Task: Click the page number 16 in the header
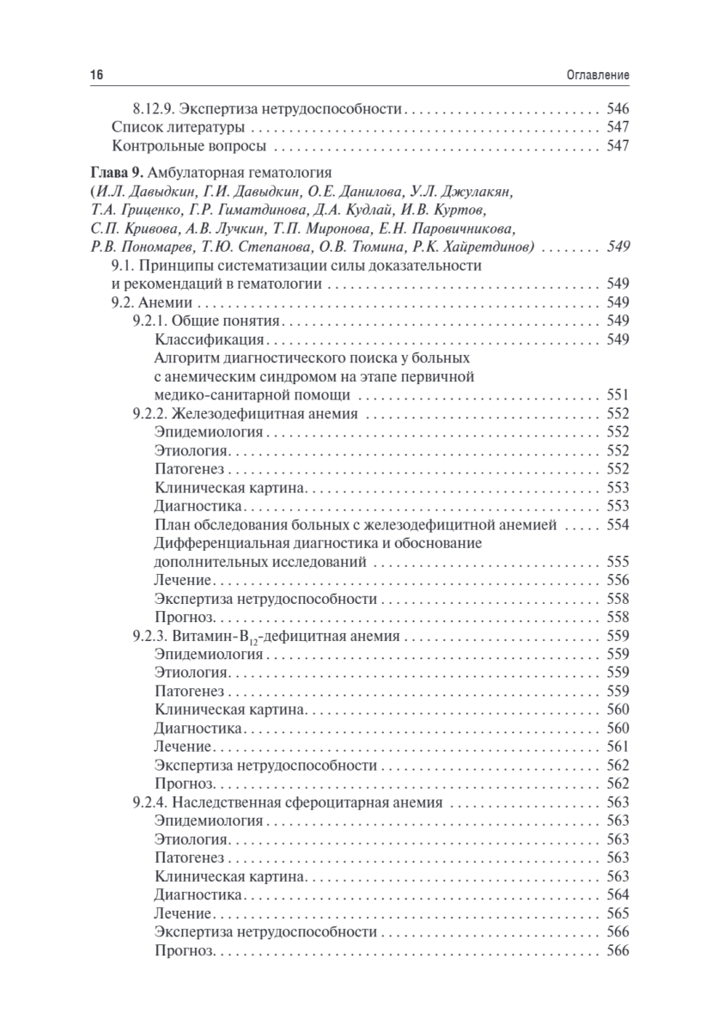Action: pyautogui.click(x=96, y=76)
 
